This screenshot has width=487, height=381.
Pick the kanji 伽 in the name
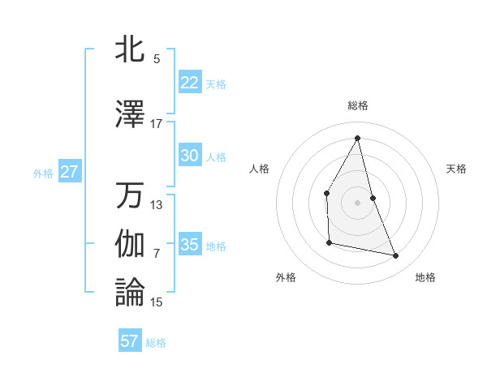point(131,244)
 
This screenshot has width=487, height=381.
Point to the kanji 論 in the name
point(131,292)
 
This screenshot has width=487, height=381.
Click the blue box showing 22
point(189,82)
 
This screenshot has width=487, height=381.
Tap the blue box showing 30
point(189,156)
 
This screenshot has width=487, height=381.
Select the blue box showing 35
point(189,245)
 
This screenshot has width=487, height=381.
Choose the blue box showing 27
point(69,172)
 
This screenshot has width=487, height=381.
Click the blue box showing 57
point(130,341)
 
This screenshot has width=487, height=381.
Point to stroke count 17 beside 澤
point(156,124)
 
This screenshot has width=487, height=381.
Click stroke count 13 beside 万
point(156,205)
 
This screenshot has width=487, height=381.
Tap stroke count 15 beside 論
point(156,302)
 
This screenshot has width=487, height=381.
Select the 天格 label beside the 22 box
point(216,83)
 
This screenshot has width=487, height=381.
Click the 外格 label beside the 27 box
point(43,173)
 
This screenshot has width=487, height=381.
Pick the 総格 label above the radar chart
point(357,105)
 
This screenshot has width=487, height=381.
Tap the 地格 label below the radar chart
point(425,277)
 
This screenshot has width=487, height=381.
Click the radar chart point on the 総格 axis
point(357,137)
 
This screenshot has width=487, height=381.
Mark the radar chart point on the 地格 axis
point(396,256)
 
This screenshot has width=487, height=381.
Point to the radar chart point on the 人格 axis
point(326,193)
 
